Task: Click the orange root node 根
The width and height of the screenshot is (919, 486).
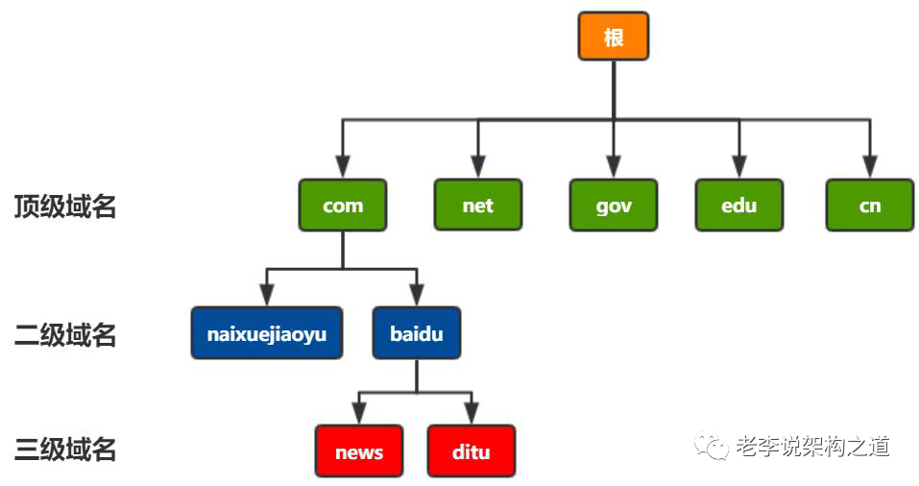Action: (613, 36)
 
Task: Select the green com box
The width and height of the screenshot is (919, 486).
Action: (343, 205)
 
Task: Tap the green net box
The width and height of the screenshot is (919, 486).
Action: (477, 205)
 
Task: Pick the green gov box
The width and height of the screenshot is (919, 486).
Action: (614, 205)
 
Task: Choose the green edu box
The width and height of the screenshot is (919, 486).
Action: (738, 205)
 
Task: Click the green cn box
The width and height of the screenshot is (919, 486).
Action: (869, 205)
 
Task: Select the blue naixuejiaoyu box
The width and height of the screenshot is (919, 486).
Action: (266, 333)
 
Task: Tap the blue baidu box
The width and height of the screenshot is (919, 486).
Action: (416, 333)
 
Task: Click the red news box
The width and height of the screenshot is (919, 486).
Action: (359, 451)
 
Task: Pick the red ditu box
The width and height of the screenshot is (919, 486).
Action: (471, 451)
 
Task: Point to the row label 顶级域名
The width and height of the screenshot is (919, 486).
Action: (64, 207)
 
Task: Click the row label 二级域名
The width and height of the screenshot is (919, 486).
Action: (64, 334)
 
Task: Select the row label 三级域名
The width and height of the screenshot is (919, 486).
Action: (64, 449)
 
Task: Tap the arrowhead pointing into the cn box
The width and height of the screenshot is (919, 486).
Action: (869, 169)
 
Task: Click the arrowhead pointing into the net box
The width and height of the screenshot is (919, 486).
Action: (477, 169)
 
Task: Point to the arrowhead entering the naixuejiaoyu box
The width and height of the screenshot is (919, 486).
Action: (266, 298)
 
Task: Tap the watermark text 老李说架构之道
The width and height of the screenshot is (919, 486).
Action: (812, 446)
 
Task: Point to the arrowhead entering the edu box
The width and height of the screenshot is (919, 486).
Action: (738, 169)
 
